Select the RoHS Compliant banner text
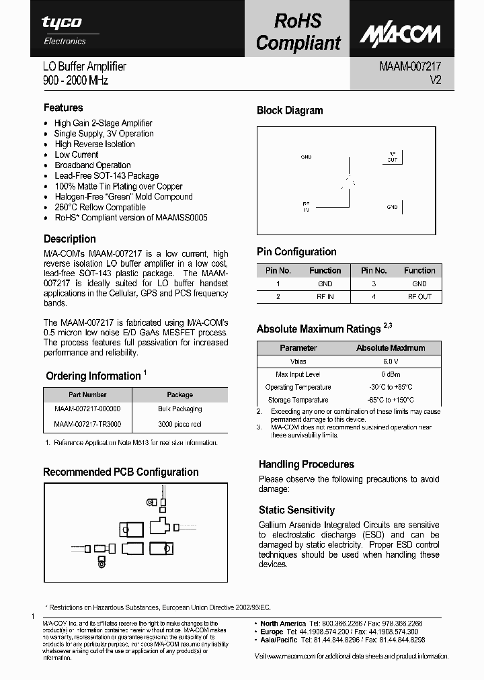[298, 32]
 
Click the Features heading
[63, 108]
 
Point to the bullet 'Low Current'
[77, 155]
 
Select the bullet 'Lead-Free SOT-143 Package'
[106, 175]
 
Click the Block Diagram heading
[290, 111]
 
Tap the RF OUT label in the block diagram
[392, 157]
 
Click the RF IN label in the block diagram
[307, 206]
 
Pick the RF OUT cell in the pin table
[419, 296]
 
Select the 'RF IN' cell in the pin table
[325, 296]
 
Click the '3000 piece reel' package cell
[179, 424]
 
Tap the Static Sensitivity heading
[296, 510]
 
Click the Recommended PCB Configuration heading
[121, 472]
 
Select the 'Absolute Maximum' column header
[390, 348]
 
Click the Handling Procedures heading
[306, 464]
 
